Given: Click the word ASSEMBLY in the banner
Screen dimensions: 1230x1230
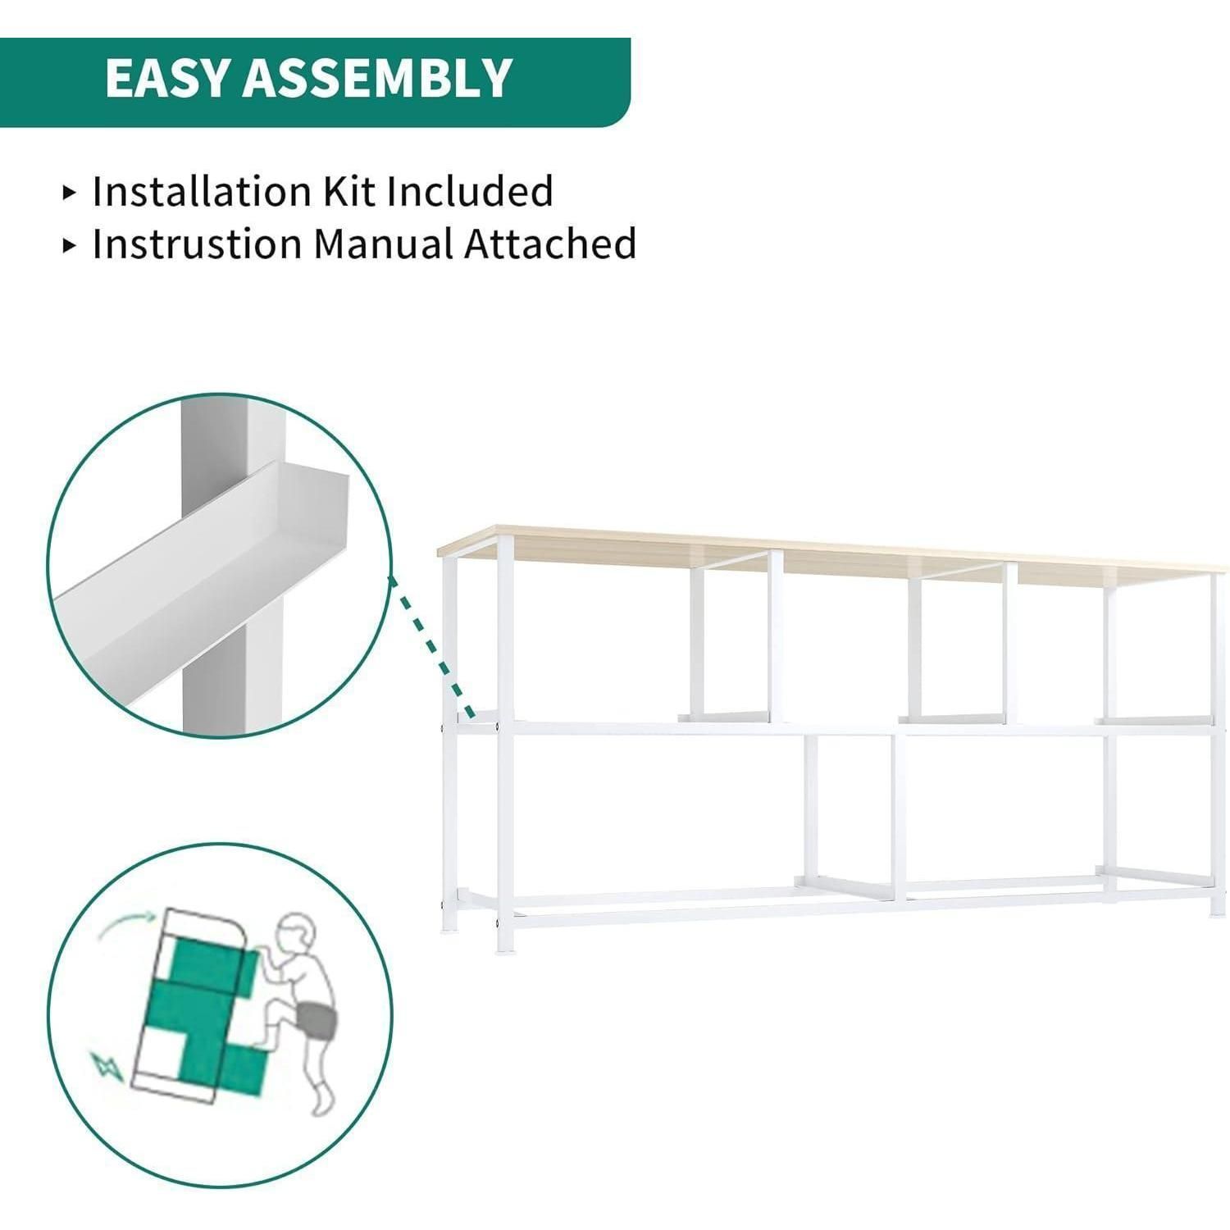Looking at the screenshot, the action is click(x=377, y=78).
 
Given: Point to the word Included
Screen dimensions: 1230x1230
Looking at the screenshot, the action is click(x=471, y=191).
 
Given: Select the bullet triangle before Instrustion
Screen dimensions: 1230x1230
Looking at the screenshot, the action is click(x=70, y=245).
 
